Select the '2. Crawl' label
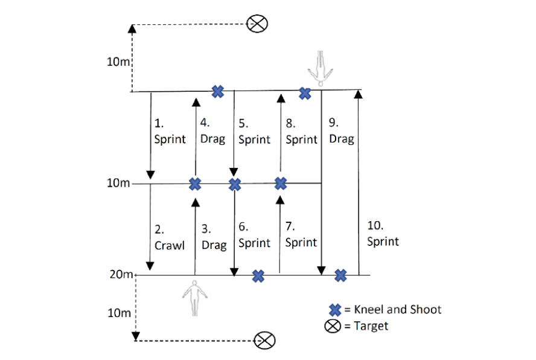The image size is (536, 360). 168,237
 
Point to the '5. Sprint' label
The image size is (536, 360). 254,132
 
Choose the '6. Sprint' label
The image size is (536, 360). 254,236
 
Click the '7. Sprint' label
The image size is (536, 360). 301,235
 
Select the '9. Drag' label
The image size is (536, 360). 341,131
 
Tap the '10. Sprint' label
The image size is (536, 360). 383,234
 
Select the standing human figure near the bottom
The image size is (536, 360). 194,298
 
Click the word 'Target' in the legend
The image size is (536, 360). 371,326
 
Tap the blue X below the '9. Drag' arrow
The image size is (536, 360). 340,275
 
